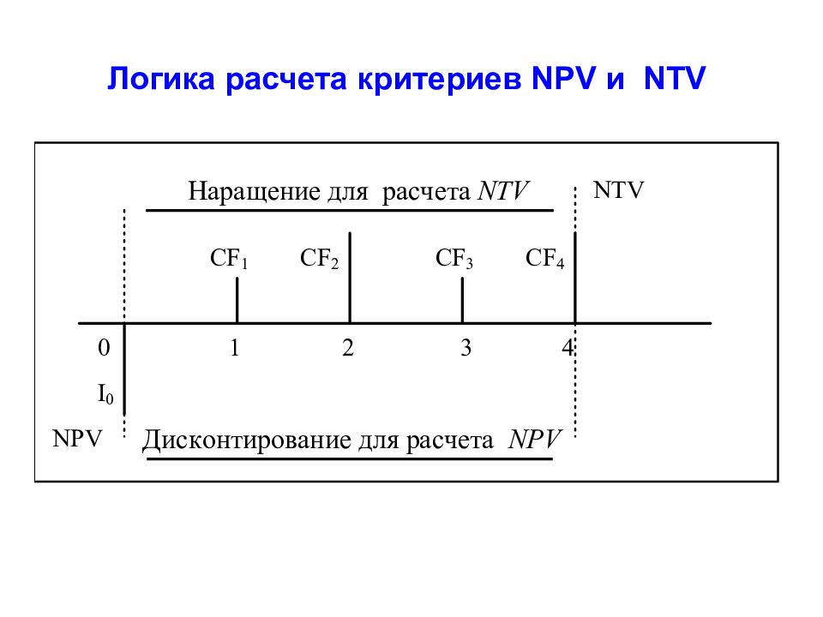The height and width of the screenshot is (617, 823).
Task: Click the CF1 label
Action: tap(229, 259)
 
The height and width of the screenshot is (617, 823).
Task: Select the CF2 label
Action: tap(319, 259)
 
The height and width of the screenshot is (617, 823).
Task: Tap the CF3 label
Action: tap(454, 259)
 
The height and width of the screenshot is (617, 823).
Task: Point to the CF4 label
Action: tap(545, 259)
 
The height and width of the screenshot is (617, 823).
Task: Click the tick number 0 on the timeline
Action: tap(104, 348)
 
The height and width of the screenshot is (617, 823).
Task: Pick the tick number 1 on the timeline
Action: tap(235, 348)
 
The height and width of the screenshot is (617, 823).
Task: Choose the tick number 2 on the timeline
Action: tap(348, 348)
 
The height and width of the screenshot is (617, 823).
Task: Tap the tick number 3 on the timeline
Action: tap(466, 348)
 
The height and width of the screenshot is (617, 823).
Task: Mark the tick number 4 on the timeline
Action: tap(568, 348)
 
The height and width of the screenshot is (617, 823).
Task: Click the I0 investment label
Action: tap(105, 394)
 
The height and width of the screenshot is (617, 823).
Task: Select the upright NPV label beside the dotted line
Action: tap(77, 439)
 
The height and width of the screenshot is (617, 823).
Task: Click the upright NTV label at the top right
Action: tap(618, 190)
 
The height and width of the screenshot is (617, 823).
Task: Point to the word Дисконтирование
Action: tap(247, 440)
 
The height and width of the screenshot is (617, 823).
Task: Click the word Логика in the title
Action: tap(161, 79)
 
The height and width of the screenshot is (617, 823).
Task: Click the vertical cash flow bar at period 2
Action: tap(350, 278)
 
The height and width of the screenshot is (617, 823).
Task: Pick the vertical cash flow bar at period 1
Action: tap(237, 300)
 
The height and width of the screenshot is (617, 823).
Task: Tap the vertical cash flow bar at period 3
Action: tap(462, 300)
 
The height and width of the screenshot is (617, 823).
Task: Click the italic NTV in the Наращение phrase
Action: tap(503, 191)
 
